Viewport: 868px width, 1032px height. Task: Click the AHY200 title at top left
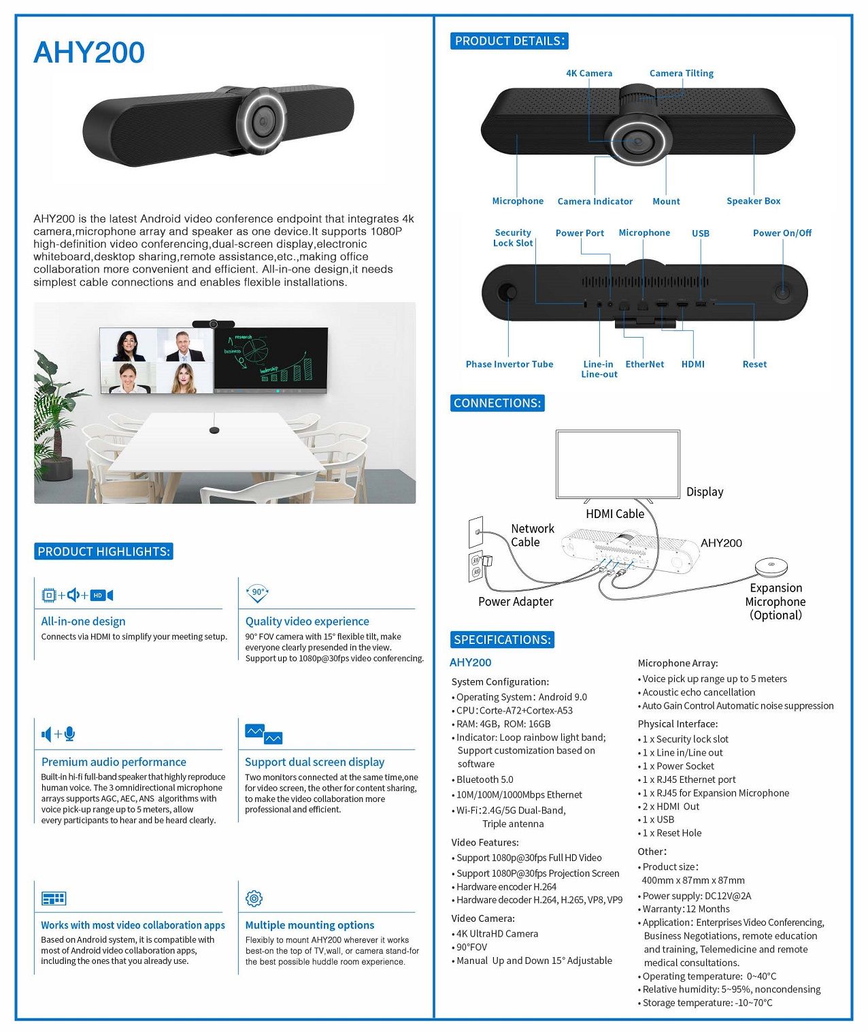pos(89,53)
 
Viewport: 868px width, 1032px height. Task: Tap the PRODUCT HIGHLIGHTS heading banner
pos(103,551)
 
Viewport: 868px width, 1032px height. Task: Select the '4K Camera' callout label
pos(589,74)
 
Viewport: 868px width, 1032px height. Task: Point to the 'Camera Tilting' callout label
pos(681,74)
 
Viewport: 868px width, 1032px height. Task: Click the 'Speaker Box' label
pos(753,201)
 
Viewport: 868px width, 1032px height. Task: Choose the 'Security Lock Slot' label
pos(513,238)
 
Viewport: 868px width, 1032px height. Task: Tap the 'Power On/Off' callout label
pos(782,233)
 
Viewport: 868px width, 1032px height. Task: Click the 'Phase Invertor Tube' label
pos(510,364)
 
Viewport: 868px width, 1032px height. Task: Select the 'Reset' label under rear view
pos(754,364)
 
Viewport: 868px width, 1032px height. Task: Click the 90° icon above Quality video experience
pos(258,593)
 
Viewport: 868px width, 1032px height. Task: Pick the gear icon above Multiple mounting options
pos(254,899)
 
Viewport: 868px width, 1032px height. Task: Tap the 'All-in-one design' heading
pos(83,621)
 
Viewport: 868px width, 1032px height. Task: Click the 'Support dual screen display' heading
pos(314,762)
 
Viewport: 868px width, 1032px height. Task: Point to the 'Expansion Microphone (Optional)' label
pos(775,601)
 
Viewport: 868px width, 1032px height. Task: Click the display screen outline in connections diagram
pos(618,464)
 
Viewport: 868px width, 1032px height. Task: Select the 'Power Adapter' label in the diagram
pos(516,602)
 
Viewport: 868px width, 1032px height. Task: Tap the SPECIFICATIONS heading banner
pos(502,640)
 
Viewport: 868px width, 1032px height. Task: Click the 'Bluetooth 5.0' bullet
pos(484,779)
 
